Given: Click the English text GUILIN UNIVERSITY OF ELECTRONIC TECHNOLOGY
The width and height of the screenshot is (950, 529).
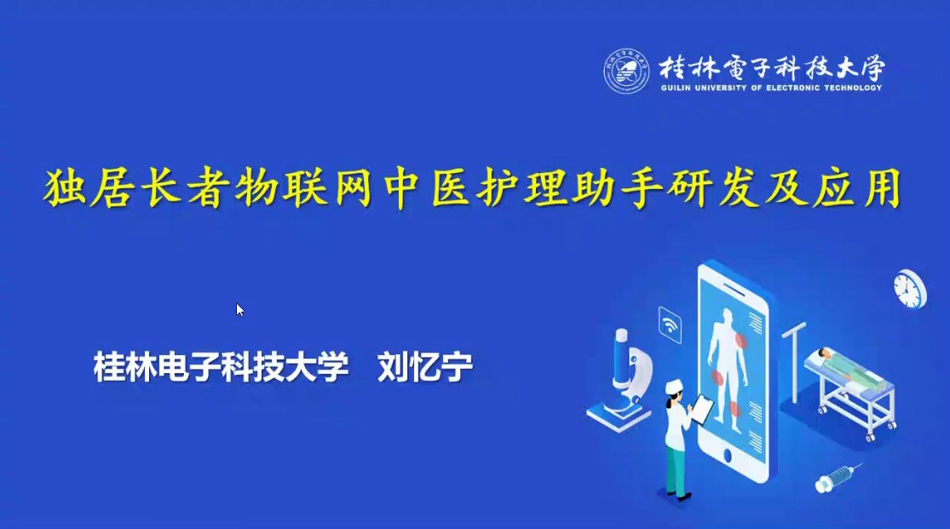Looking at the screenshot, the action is pos(771,88).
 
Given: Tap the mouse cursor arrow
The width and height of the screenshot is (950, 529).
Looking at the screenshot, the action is pos(240,309).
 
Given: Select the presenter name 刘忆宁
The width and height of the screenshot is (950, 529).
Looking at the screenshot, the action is pos(424,366).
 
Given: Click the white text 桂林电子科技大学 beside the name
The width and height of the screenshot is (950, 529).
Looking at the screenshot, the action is pos(222,366).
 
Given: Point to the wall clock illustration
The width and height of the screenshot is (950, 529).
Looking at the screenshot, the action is pos(910,289).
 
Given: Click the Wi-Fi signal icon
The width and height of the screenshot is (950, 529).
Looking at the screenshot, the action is pos(670,325).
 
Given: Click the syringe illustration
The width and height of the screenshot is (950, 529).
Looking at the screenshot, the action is pos(838,478).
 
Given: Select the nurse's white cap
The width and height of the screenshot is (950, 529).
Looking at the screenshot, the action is pos(674,385).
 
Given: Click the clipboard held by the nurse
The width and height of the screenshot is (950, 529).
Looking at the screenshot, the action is pos(703,408).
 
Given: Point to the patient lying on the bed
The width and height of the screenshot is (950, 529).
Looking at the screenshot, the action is pos(849,366).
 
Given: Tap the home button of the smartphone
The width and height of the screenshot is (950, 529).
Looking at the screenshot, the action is pos(728,456).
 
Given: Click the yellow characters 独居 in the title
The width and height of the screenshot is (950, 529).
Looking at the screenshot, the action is pos(89,188).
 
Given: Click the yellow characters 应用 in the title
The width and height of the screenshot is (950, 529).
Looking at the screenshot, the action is pos(858,188).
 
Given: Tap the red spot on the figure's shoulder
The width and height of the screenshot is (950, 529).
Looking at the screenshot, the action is pos(740,340).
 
